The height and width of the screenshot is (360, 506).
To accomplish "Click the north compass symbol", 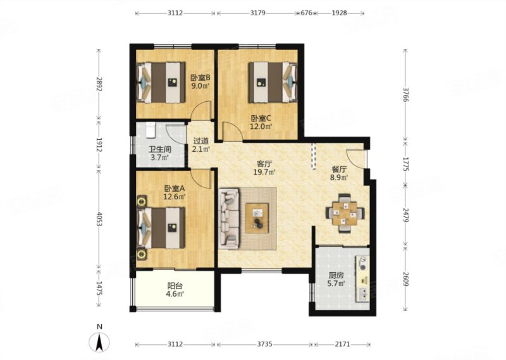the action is (99, 341).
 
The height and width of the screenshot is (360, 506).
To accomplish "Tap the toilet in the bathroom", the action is (151, 129).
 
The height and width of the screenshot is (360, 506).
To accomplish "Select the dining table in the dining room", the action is (345, 213).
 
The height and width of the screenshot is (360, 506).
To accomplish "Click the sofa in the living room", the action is (229, 218).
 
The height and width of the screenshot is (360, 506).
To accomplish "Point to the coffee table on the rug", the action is (257, 218).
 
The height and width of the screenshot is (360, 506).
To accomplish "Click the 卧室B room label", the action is (200, 77).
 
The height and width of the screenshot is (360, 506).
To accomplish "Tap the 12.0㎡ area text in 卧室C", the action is (261, 127).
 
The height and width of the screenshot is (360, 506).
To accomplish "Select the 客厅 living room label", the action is (264, 163).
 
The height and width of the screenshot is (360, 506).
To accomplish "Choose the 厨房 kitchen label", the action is (336, 275).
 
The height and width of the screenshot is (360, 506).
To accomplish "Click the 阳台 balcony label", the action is (175, 286).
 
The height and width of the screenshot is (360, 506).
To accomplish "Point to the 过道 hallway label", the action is (201, 141).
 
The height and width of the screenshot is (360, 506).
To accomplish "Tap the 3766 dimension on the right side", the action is (405, 96).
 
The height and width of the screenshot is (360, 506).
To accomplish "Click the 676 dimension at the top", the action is (306, 13).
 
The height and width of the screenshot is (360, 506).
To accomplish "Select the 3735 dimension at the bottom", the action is (264, 344).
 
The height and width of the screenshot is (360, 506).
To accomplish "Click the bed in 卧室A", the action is (161, 228).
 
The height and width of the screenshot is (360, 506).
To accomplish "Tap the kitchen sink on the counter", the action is (363, 294).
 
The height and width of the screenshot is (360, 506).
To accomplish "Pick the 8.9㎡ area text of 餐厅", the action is (339, 177).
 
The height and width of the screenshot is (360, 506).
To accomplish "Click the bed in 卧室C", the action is (273, 82).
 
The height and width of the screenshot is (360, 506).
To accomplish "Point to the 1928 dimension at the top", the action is (339, 13).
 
